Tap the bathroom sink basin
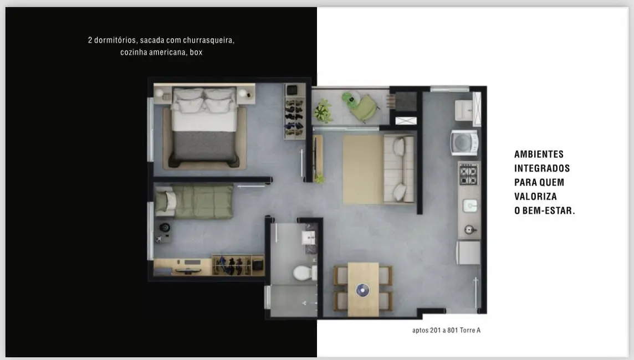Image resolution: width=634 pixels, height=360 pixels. [x=308, y=238]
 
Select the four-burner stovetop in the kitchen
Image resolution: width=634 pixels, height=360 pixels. [x=468, y=174]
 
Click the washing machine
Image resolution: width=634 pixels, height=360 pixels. [x=464, y=142]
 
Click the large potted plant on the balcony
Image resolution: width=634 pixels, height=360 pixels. [x=324, y=110]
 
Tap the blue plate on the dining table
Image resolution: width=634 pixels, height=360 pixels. [x=362, y=290]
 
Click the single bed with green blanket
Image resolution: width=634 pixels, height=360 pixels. [x=194, y=201]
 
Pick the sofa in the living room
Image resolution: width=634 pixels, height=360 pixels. [x=398, y=169]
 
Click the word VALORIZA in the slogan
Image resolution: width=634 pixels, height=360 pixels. [x=535, y=197]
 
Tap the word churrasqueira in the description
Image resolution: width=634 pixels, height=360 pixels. [x=208, y=40]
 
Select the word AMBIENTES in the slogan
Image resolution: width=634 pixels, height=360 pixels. [x=539, y=154]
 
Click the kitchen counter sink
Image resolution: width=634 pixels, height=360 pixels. [x=470, y=205]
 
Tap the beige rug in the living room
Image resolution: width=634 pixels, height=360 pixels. [x=362, y=169]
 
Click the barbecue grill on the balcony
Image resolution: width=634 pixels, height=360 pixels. [x=406, y=101]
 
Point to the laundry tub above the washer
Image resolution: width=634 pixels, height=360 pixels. [x=464, y=110]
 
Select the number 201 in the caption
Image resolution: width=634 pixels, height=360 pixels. [x=436, y=330]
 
